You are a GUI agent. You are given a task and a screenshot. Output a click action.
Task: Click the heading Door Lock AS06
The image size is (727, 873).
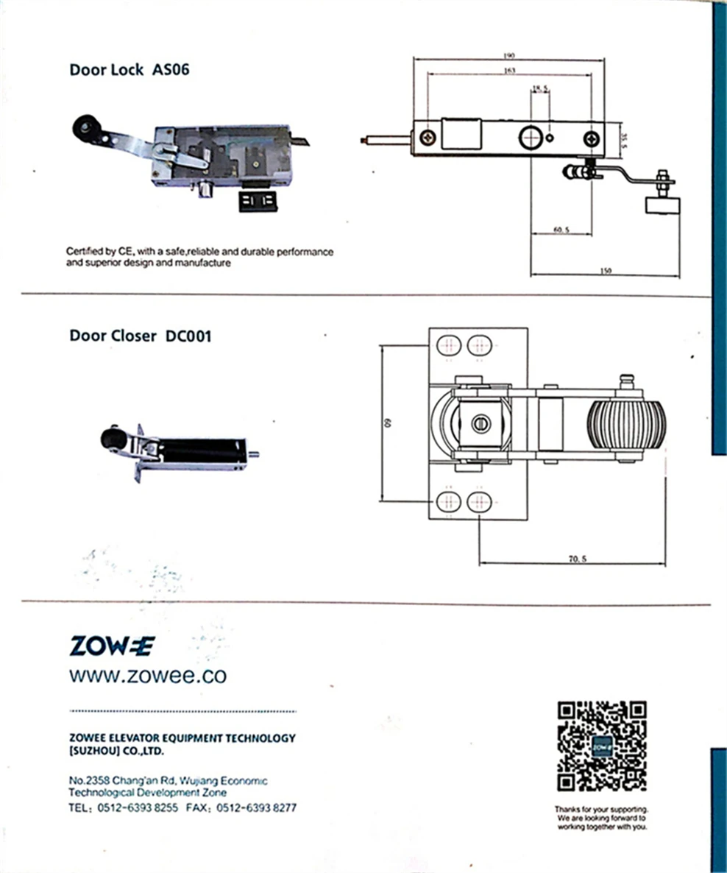click(130, 70)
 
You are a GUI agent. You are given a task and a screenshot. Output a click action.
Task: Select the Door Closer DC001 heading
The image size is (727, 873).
click(141, 336)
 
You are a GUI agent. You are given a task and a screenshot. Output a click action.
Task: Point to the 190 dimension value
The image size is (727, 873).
click(509, 55)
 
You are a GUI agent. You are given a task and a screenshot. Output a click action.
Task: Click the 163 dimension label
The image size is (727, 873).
click(509, 71)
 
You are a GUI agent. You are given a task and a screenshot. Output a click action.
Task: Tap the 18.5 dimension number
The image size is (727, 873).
click(541, 88)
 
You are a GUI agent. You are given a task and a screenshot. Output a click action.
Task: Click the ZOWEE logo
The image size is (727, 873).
click(112, 646)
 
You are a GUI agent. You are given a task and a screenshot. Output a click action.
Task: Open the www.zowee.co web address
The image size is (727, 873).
click(148, 676)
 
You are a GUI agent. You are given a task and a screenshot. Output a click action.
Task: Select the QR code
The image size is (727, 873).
click(601, 746)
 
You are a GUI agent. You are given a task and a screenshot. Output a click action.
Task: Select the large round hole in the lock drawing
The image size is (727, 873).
click(529, 138)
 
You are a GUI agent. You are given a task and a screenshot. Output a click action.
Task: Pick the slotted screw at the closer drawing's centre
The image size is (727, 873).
click(481, 424)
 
